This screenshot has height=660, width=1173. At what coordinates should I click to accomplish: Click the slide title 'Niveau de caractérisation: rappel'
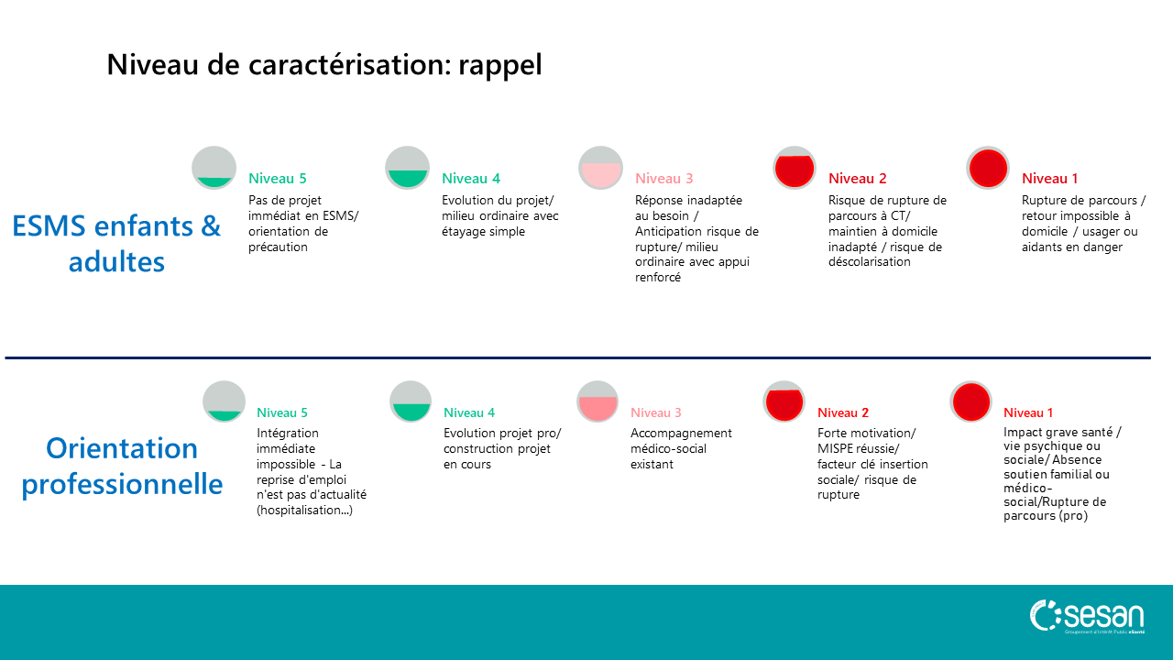point(324,65)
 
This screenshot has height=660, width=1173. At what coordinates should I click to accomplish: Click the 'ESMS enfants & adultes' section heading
point(116,244)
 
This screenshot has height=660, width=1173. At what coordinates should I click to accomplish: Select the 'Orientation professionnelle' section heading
point(122,466)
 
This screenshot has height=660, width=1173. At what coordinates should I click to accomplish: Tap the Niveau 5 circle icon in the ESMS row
point(214,168)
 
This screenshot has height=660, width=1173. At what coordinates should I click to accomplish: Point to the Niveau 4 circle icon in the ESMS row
point(408,168)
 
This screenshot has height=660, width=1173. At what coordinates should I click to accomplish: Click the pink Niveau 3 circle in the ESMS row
point(600,168)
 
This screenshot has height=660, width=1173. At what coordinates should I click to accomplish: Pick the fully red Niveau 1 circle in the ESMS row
point(988,168)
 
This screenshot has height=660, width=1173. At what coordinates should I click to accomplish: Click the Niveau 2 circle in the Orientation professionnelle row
point(784,401)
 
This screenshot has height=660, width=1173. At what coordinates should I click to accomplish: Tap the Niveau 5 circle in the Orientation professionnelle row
point(225,401)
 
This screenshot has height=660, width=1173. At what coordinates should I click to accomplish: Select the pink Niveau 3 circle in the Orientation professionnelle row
point(597,401)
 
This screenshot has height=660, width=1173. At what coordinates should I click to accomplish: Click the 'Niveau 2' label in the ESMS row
point(857,179)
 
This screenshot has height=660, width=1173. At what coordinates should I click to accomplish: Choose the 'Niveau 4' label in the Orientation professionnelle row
point(469,412)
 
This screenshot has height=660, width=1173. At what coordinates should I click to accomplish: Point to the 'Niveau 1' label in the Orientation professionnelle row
point(1028,412)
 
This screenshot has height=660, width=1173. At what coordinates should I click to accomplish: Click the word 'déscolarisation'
point(870,262)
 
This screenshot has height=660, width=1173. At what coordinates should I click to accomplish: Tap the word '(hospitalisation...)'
point(305,511)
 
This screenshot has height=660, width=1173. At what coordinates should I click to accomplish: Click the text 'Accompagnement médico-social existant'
point(681,448)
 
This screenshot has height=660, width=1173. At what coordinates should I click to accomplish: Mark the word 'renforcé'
point(658,278)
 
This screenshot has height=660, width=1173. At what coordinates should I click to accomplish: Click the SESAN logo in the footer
point(1087,617)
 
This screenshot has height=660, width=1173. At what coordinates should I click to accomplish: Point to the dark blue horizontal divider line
point(577,358)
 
